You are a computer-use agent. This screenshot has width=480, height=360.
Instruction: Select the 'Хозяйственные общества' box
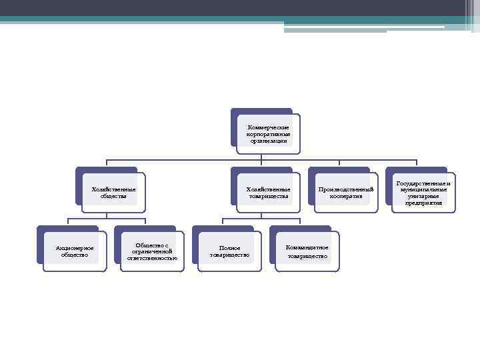point(113,193)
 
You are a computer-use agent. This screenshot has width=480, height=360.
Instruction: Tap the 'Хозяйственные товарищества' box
point(268,193)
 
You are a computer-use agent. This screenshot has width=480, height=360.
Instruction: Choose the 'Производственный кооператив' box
point(345,193)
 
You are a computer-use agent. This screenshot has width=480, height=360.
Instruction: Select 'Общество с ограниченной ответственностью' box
point(152,251)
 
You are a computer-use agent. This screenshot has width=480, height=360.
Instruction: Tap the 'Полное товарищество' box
point(230,251)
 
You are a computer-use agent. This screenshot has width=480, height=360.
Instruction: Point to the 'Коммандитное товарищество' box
point(307,251)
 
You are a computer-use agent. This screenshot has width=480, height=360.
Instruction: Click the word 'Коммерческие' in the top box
point(268,127)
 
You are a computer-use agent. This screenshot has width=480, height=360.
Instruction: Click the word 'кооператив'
point(345,197)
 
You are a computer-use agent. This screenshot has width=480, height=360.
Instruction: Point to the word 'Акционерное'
point(75,248)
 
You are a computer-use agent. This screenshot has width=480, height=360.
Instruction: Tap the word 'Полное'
point(230,248)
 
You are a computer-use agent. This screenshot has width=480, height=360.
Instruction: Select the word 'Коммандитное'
point(307,247)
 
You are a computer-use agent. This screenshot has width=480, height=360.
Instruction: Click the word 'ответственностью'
point(152,258)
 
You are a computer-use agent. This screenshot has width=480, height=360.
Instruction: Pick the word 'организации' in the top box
point(268,141)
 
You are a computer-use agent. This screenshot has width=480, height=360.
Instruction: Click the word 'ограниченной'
point(152,251)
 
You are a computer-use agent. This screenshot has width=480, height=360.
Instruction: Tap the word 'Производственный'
point(345,189)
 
